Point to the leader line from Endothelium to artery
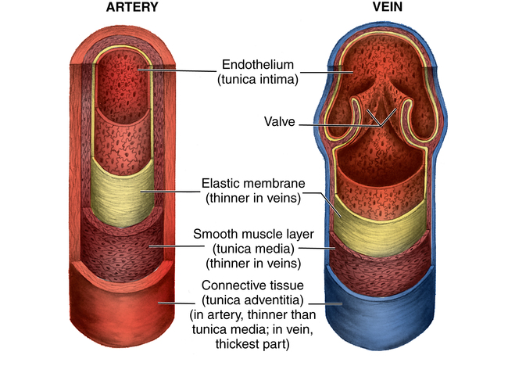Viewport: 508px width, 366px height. click(180, 70)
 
